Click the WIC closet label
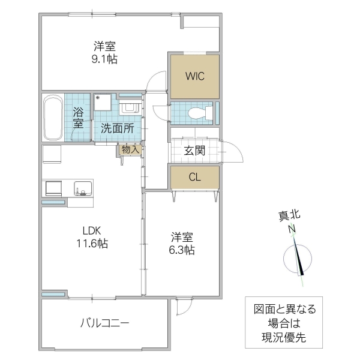[x=193, y=76]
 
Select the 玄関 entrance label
[x=194, y=151]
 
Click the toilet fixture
[x=198, y=112]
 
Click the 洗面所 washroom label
[x=114, y=127]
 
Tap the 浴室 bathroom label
[x=79, y=117]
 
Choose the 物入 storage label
[x=130, y=149]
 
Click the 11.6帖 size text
[x=92, y=244]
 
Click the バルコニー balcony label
[x=105, y=323]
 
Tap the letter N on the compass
[x=290, y=229]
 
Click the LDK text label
[x=92, y=230]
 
